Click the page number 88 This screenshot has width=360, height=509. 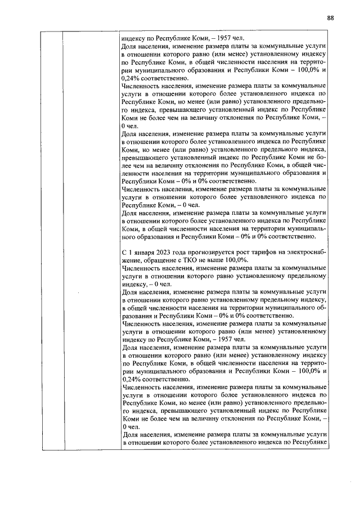330,18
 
